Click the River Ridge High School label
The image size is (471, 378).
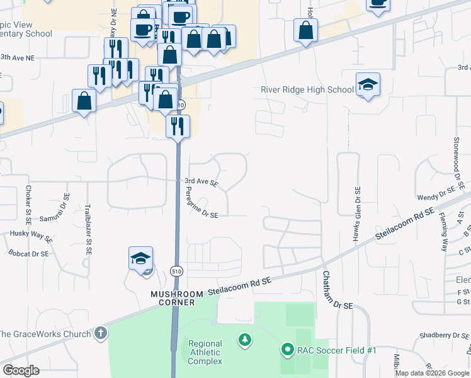point(307,89)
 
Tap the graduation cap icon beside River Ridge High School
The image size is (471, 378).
point(368,85)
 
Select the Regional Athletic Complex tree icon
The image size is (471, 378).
point(245,341)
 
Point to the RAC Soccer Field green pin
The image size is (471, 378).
point(288,348)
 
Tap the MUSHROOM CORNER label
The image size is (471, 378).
point(177,298)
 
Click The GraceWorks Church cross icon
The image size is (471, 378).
point(99,332)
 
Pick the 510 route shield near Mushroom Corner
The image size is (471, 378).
point(176,272)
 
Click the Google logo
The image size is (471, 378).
point(21,370)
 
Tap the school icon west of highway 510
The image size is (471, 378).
point(141,258)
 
